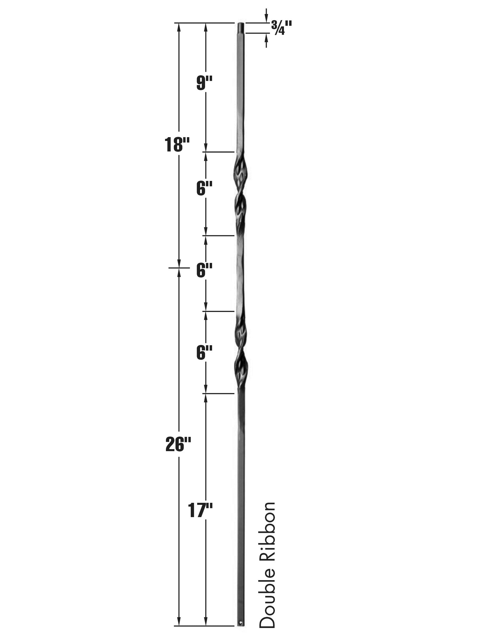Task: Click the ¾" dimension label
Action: [x=282, y=28]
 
